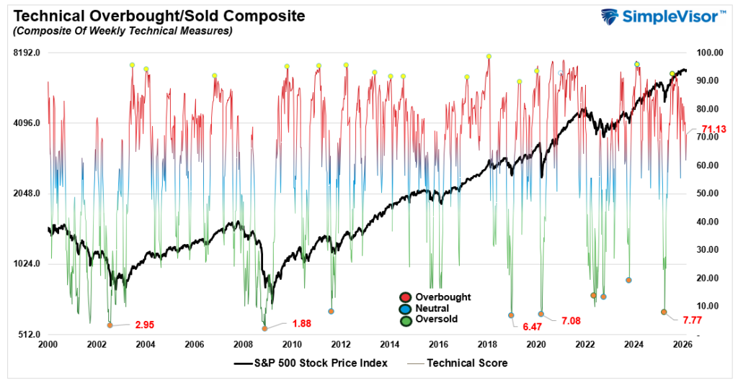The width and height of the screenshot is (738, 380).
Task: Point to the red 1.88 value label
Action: pyautogui.click(x=301, y=324)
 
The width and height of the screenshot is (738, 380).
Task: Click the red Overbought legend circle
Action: pyautogui.click(x=406, y=297)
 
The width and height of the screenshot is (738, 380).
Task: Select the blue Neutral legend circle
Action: pyautogui.click(x=406, y=308)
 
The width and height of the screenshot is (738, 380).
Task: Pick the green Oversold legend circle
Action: pyautogui.click(x=406, y=320)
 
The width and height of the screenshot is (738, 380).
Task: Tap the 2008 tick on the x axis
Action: pyautogui.click(x=243, y=345)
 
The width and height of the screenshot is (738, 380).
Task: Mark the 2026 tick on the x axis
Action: pyautogui.click(x=683, y=345)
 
